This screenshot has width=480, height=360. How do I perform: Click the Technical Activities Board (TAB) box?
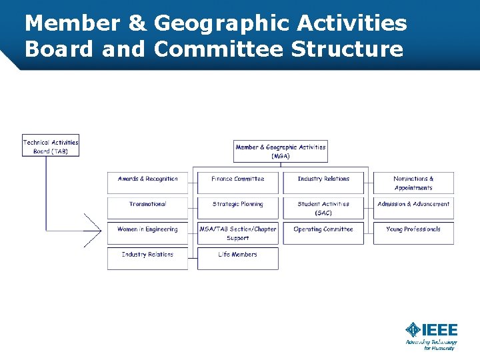[51, 146]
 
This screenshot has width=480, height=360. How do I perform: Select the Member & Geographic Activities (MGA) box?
[281, 151]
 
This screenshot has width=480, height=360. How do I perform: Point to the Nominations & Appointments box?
[413, 183]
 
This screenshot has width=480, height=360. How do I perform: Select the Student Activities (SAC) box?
[323, 208]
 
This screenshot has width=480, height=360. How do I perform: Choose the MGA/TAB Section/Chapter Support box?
[237, 233]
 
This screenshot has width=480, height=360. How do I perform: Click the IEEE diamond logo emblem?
[413, 329]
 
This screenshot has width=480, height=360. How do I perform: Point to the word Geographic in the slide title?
[219, 24]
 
